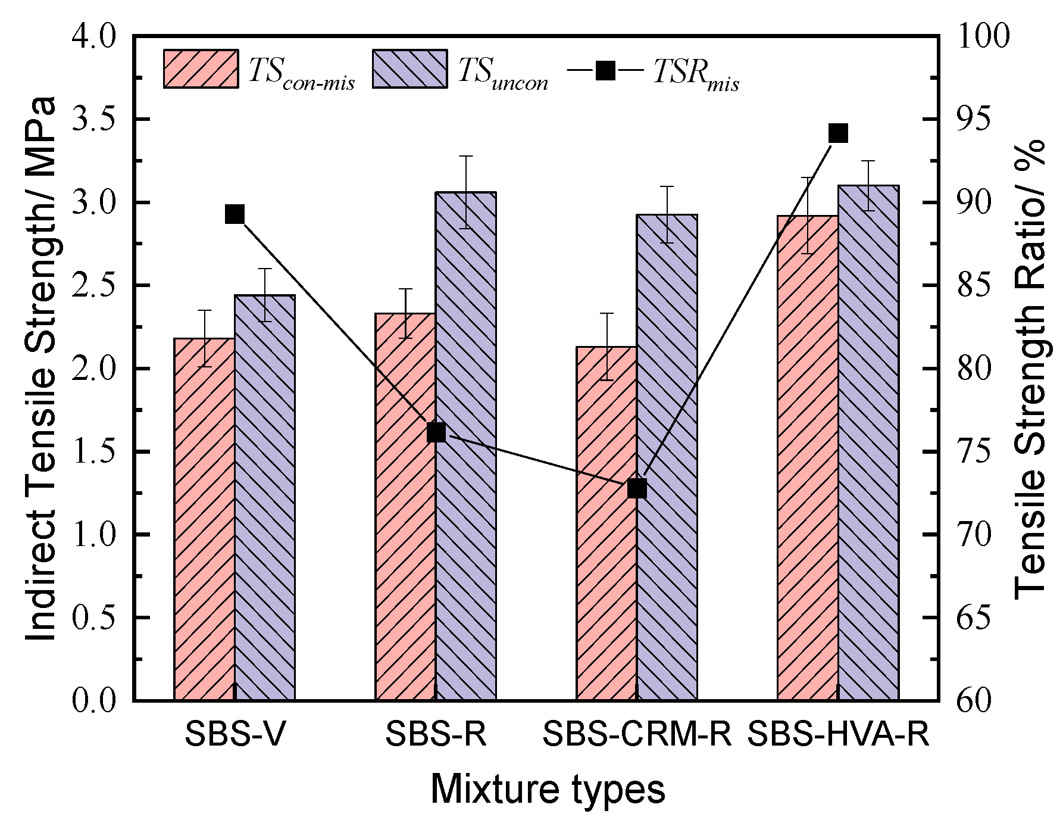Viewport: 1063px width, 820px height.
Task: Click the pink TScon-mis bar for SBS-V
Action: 204,518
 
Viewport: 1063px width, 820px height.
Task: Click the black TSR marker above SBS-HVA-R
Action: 838,133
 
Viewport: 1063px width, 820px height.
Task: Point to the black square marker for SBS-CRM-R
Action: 637,488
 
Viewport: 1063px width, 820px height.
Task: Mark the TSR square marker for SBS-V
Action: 235,214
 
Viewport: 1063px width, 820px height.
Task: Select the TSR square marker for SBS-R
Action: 436,433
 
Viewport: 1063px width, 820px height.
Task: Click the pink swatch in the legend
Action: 201,69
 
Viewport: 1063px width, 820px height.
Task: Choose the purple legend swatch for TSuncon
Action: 410,69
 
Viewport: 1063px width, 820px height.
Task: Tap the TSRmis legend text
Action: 696,74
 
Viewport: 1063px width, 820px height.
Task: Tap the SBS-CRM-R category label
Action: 637,734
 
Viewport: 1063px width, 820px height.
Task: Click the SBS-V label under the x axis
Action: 235,734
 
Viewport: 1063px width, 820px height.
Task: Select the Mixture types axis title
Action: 548,790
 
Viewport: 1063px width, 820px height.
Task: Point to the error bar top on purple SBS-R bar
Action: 465,156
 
